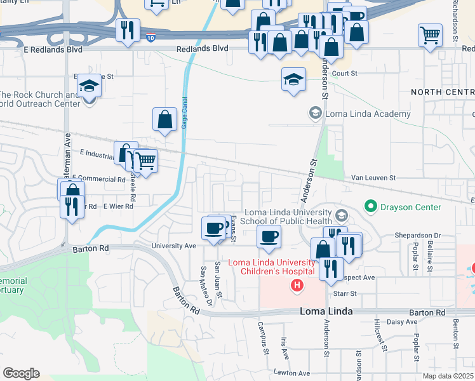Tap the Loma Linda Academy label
[368, 114]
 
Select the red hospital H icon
[296, 286]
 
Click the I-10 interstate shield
[151, 38]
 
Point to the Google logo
[21, 373]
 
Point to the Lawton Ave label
[293, 373]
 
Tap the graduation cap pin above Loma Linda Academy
[293, 80]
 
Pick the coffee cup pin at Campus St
[269, 237]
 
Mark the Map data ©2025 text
[448, 375]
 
